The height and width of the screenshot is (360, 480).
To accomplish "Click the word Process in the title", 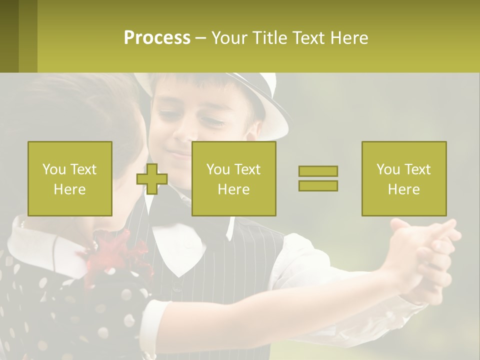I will [x=157, y=38].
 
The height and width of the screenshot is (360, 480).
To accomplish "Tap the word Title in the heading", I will [x=270, y=38].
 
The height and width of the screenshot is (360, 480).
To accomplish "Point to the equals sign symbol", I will [x=318, y=178].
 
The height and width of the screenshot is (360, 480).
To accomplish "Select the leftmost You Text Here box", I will [x=70, y=178].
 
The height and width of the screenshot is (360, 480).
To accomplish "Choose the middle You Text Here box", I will [x=234, y=178].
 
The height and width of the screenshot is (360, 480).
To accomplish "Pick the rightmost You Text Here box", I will [x=404, y=178].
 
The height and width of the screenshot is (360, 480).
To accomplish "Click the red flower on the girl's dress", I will [x=120, y=255].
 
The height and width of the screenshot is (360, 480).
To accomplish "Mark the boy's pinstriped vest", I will [x=250, y=260].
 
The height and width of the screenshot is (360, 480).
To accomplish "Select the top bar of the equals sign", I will [x=318, y=171].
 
